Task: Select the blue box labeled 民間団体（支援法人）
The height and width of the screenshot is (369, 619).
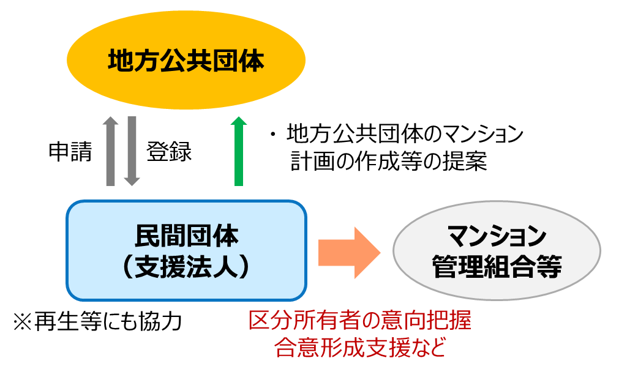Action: click(x=186, y=249)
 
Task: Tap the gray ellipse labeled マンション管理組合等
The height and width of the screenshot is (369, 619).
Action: click(x=497, y=251)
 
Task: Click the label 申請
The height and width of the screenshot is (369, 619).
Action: click(x=70, y=151)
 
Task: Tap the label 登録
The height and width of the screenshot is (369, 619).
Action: click(x=169, y=151)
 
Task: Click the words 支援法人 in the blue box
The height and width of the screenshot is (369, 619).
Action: click(x=186, y=267)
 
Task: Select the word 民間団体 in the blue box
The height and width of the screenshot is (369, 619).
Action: click(x=186, y=234)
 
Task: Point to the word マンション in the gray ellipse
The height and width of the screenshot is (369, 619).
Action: click(x=497, y=234)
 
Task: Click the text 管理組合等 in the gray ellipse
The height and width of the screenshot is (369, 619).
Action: click(x=497, y=267)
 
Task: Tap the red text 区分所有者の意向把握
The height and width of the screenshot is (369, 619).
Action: click(x=360, y=321)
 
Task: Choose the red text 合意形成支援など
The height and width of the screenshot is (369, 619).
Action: click(x=360, y=347)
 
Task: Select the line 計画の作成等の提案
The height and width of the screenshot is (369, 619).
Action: click(x=389, y=162)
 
